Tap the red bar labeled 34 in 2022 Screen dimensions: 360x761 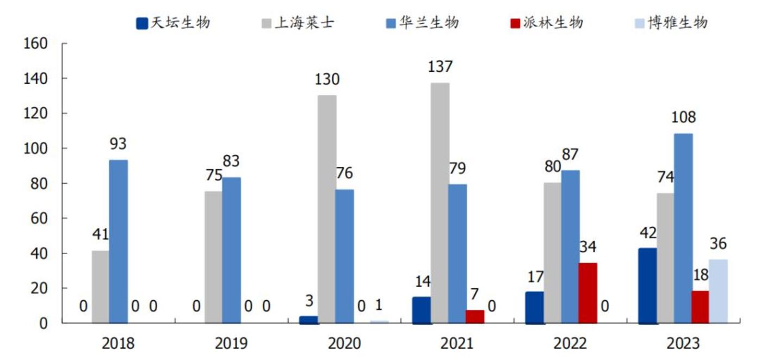pyautogui.click(x=587, y=293)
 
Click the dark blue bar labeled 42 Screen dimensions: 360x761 pyautogui.click(x=647, y=286)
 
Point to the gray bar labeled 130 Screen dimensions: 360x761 pyautogui.click(x=327, y=209)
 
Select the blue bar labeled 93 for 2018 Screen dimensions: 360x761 pyautogui.click(x=118, y=241)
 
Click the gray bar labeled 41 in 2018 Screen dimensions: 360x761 pyautogui.click(x=101, y=287)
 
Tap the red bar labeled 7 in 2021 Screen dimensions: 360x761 pyautogui.click(x=474, y=316)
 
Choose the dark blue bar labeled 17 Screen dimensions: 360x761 pyautogui.click(x=534, y=307)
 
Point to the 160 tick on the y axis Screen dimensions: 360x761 pyautogui.click(x=36, y=44)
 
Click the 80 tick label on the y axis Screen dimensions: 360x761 pyautogui.click(x=40, y=183)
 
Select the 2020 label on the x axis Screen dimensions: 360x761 pyautogui.click(x=344, y=344)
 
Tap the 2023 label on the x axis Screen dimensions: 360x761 pyautogui.click(x=683, y=344)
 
